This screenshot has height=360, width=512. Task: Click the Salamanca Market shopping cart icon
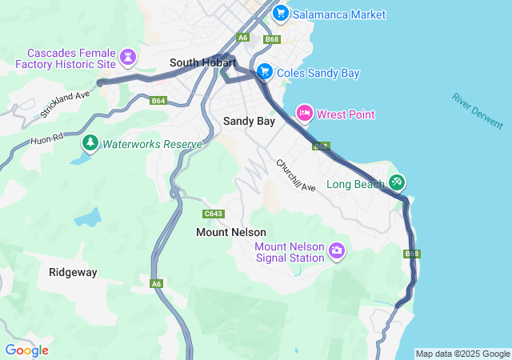tap(280, 14)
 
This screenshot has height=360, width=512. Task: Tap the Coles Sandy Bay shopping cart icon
tap(264, 72)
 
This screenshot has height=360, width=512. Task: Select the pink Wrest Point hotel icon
tap(304, 114)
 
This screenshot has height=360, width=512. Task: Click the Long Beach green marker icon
tap(397, 182)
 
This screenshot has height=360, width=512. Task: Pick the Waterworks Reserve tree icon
tap(90, 143)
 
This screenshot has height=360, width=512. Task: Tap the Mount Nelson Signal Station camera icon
tap(337, 251)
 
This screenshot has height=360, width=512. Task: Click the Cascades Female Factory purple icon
tap(128, 57)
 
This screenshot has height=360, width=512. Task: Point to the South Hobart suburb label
tap(202, 62)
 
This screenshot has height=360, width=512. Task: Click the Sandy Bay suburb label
tap(249, 122)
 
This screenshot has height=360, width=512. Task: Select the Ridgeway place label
tap(73, 272)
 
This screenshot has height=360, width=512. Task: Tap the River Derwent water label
tap(478, 111)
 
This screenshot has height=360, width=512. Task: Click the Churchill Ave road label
tap(296, 175)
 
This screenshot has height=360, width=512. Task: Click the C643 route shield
tap(214, 214)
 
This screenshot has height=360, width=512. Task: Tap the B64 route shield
tap(158, 101)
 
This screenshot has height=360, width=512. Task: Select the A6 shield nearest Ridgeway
tap(156, 282)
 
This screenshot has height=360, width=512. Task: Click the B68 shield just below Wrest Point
tap(321, 146)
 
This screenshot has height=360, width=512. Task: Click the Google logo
tap(27, 350)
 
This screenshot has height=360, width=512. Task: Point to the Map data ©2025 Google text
tap(462, 354)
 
